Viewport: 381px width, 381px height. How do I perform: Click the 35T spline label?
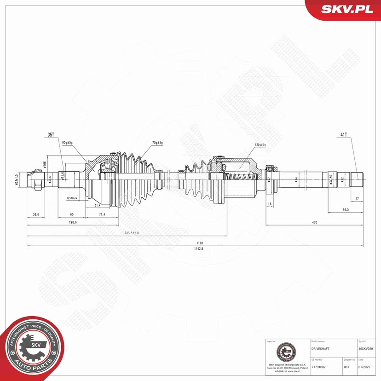(x=51, y=135)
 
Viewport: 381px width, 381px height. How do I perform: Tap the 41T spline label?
(x=343, y=135)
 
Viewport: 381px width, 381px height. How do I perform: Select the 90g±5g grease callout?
(x=67, y=143)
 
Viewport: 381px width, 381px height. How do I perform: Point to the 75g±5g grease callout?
(x=157, y=143)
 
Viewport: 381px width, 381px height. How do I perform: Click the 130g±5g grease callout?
(x=260, y=145)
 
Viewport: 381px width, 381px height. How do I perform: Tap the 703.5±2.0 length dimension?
(x=131, y=233)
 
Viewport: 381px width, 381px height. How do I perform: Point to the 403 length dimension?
(x=314, y=222)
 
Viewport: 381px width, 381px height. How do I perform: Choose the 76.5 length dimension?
(x=345, y=210)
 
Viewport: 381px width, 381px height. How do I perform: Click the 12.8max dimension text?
(x=72, y=198)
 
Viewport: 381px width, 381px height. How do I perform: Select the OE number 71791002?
(x=319, y=367)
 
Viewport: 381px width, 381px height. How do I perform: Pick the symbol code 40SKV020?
(x=368, y=349)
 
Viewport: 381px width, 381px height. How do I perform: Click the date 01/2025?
(x=364, y=367)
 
